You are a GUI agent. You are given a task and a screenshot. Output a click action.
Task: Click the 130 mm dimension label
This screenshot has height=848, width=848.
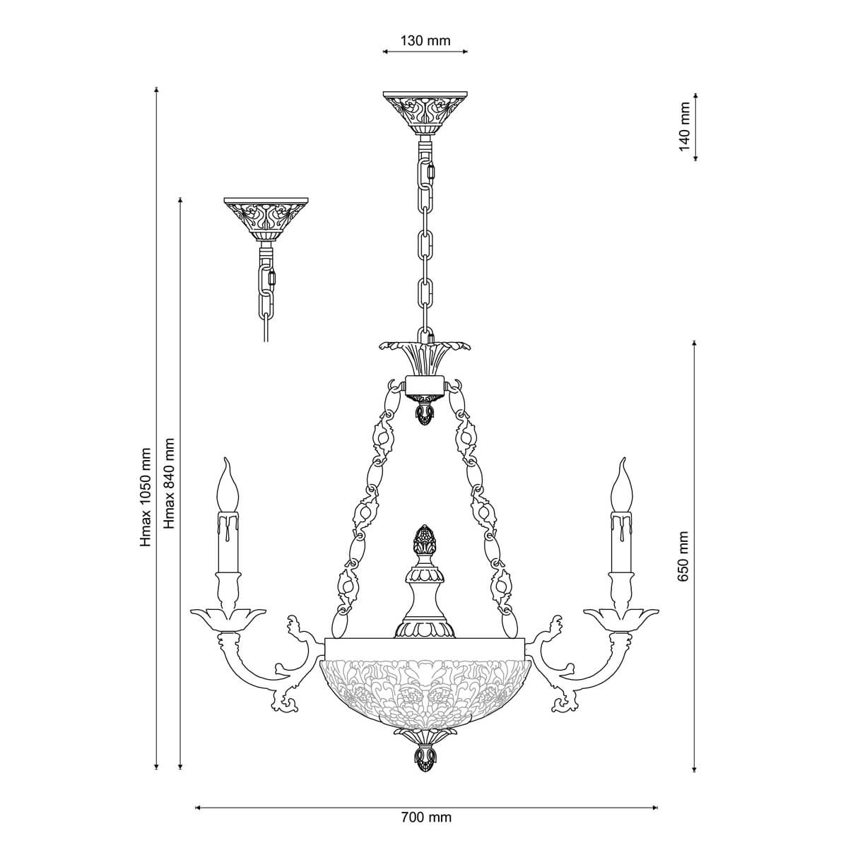point(425,41)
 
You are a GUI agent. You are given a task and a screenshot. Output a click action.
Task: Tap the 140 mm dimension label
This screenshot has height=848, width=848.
point(684,126)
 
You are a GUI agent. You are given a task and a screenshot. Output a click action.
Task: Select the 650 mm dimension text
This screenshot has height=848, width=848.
point(683,556)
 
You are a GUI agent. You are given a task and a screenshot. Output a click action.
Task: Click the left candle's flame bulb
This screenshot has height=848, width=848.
point(228,485)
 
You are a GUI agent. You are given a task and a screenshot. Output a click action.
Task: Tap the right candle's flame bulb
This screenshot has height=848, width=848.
point(622,485)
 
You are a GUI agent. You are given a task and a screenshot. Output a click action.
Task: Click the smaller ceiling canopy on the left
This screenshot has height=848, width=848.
point(266,219)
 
